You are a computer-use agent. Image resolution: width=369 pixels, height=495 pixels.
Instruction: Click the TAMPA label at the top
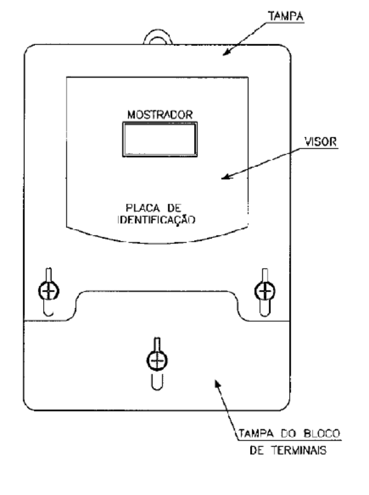click(286, 16)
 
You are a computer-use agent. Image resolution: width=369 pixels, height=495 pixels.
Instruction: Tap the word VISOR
click(320, 142)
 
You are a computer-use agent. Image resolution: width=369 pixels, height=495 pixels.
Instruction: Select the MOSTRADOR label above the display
click(160, 115)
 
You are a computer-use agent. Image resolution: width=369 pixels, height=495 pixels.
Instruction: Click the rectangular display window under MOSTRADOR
click(160, 139)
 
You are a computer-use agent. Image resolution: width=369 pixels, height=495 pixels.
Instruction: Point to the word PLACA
click(143, 208)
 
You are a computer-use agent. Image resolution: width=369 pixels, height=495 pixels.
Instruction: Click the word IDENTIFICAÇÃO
click(157, 220)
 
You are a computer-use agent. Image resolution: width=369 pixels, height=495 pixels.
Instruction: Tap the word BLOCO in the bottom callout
click(322, 433)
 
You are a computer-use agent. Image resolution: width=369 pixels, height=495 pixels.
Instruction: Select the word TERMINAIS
click(298, 450)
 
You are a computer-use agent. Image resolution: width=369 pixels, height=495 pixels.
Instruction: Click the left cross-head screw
click(49, 291)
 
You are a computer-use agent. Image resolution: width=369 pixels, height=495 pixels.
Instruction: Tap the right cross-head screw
click(265, 291)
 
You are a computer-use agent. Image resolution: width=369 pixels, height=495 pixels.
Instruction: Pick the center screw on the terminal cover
click(157, 360)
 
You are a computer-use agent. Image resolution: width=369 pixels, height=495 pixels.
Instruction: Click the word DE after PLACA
click(174, 208)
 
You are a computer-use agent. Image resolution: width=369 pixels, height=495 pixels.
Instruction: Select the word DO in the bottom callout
click(288, 433)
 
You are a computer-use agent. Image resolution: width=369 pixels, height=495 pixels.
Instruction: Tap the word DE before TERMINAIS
click(256, 450)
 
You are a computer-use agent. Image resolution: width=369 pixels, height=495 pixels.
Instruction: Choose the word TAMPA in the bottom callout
click(256, 433)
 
